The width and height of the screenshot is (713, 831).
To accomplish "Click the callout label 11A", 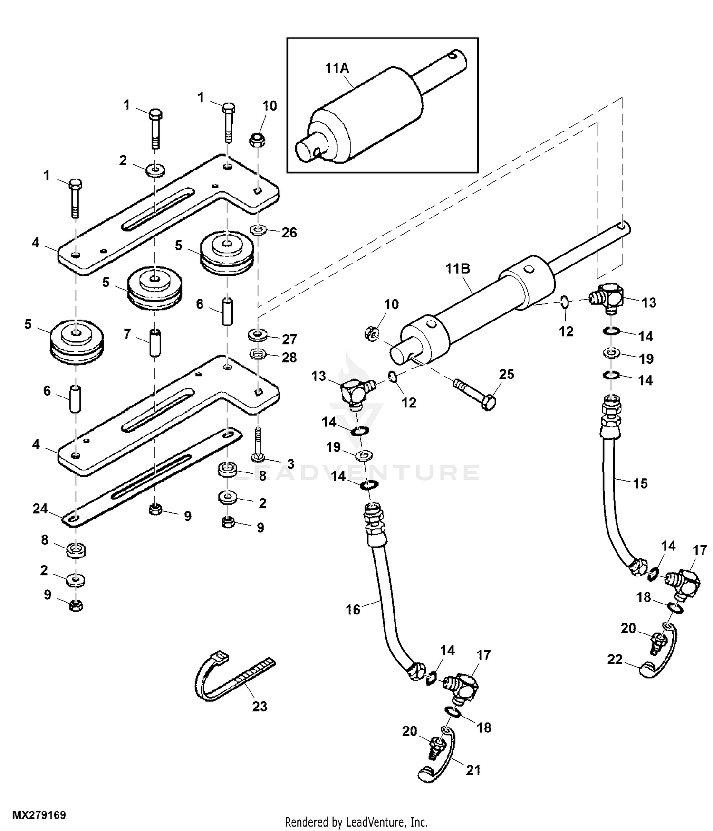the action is pos(337,68).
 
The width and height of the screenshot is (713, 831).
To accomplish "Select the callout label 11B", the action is pos(458,269).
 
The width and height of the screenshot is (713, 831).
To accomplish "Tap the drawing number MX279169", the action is pos(39,815).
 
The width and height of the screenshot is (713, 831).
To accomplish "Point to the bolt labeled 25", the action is pos(475,393).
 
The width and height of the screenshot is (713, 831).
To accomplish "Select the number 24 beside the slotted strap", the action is pos(40,509).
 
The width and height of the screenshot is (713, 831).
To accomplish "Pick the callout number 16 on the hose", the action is pos(353,609).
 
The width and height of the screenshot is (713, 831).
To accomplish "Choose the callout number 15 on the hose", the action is pos(640,483).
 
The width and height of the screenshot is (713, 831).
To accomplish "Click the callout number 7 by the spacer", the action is pos(127,334).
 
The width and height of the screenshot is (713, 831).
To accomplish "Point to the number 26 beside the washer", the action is pos(289,233).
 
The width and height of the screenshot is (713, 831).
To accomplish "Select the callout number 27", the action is pos(289,340).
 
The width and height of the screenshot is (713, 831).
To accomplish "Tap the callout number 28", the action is pos(289,357).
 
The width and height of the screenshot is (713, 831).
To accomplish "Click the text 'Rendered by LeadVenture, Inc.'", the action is pos(356,822).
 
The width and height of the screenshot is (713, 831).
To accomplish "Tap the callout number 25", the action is pos(507,374).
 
